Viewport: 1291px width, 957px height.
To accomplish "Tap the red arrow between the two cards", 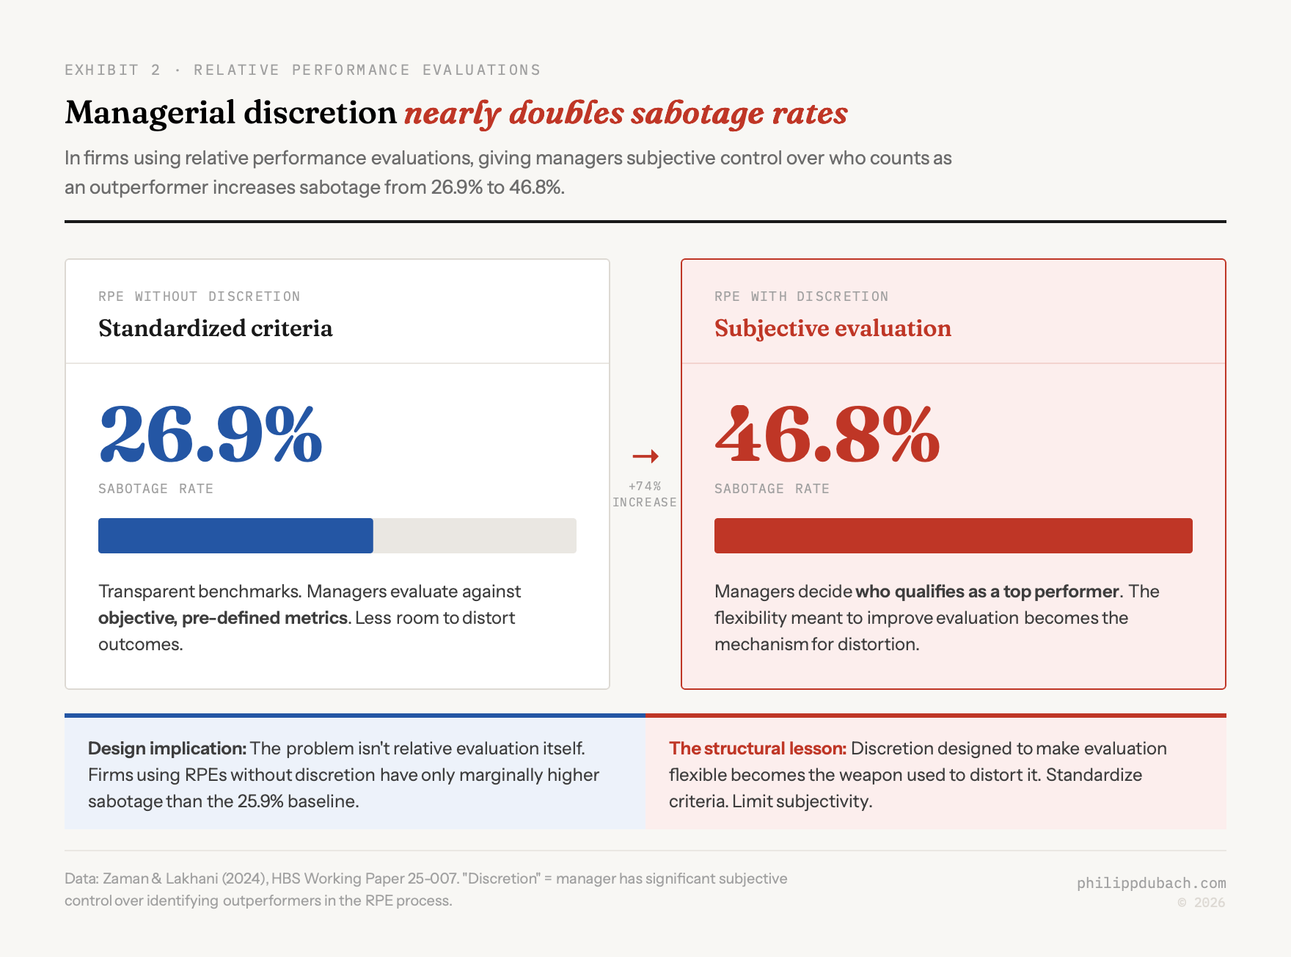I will (645, 456).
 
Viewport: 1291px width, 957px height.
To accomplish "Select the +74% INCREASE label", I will (645, 495).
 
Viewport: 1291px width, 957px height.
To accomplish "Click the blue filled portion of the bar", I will (235, 536).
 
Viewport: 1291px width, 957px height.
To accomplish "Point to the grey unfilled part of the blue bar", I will (475, 536).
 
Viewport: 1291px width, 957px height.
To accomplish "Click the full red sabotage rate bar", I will (953, 536).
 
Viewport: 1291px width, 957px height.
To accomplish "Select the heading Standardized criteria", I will (215, 328).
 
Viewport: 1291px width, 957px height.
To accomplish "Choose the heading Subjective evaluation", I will (833, 328).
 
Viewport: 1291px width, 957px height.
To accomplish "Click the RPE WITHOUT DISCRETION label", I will (199, 296).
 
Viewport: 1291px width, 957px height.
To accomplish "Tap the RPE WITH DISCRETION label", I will (801, 296).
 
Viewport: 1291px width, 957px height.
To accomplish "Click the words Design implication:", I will (167, 749).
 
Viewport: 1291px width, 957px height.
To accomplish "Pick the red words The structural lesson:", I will (757, 749).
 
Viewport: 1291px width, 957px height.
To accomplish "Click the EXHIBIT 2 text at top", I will (112, 70).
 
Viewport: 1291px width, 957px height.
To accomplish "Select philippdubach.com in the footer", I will (1151, 883).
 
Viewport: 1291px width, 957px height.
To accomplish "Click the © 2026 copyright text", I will (1201, 903).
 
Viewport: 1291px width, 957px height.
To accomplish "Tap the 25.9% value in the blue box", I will (260, 801).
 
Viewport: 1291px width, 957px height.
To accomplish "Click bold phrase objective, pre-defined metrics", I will (222, 618).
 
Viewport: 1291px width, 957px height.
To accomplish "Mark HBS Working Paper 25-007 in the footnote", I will (364, 878).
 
